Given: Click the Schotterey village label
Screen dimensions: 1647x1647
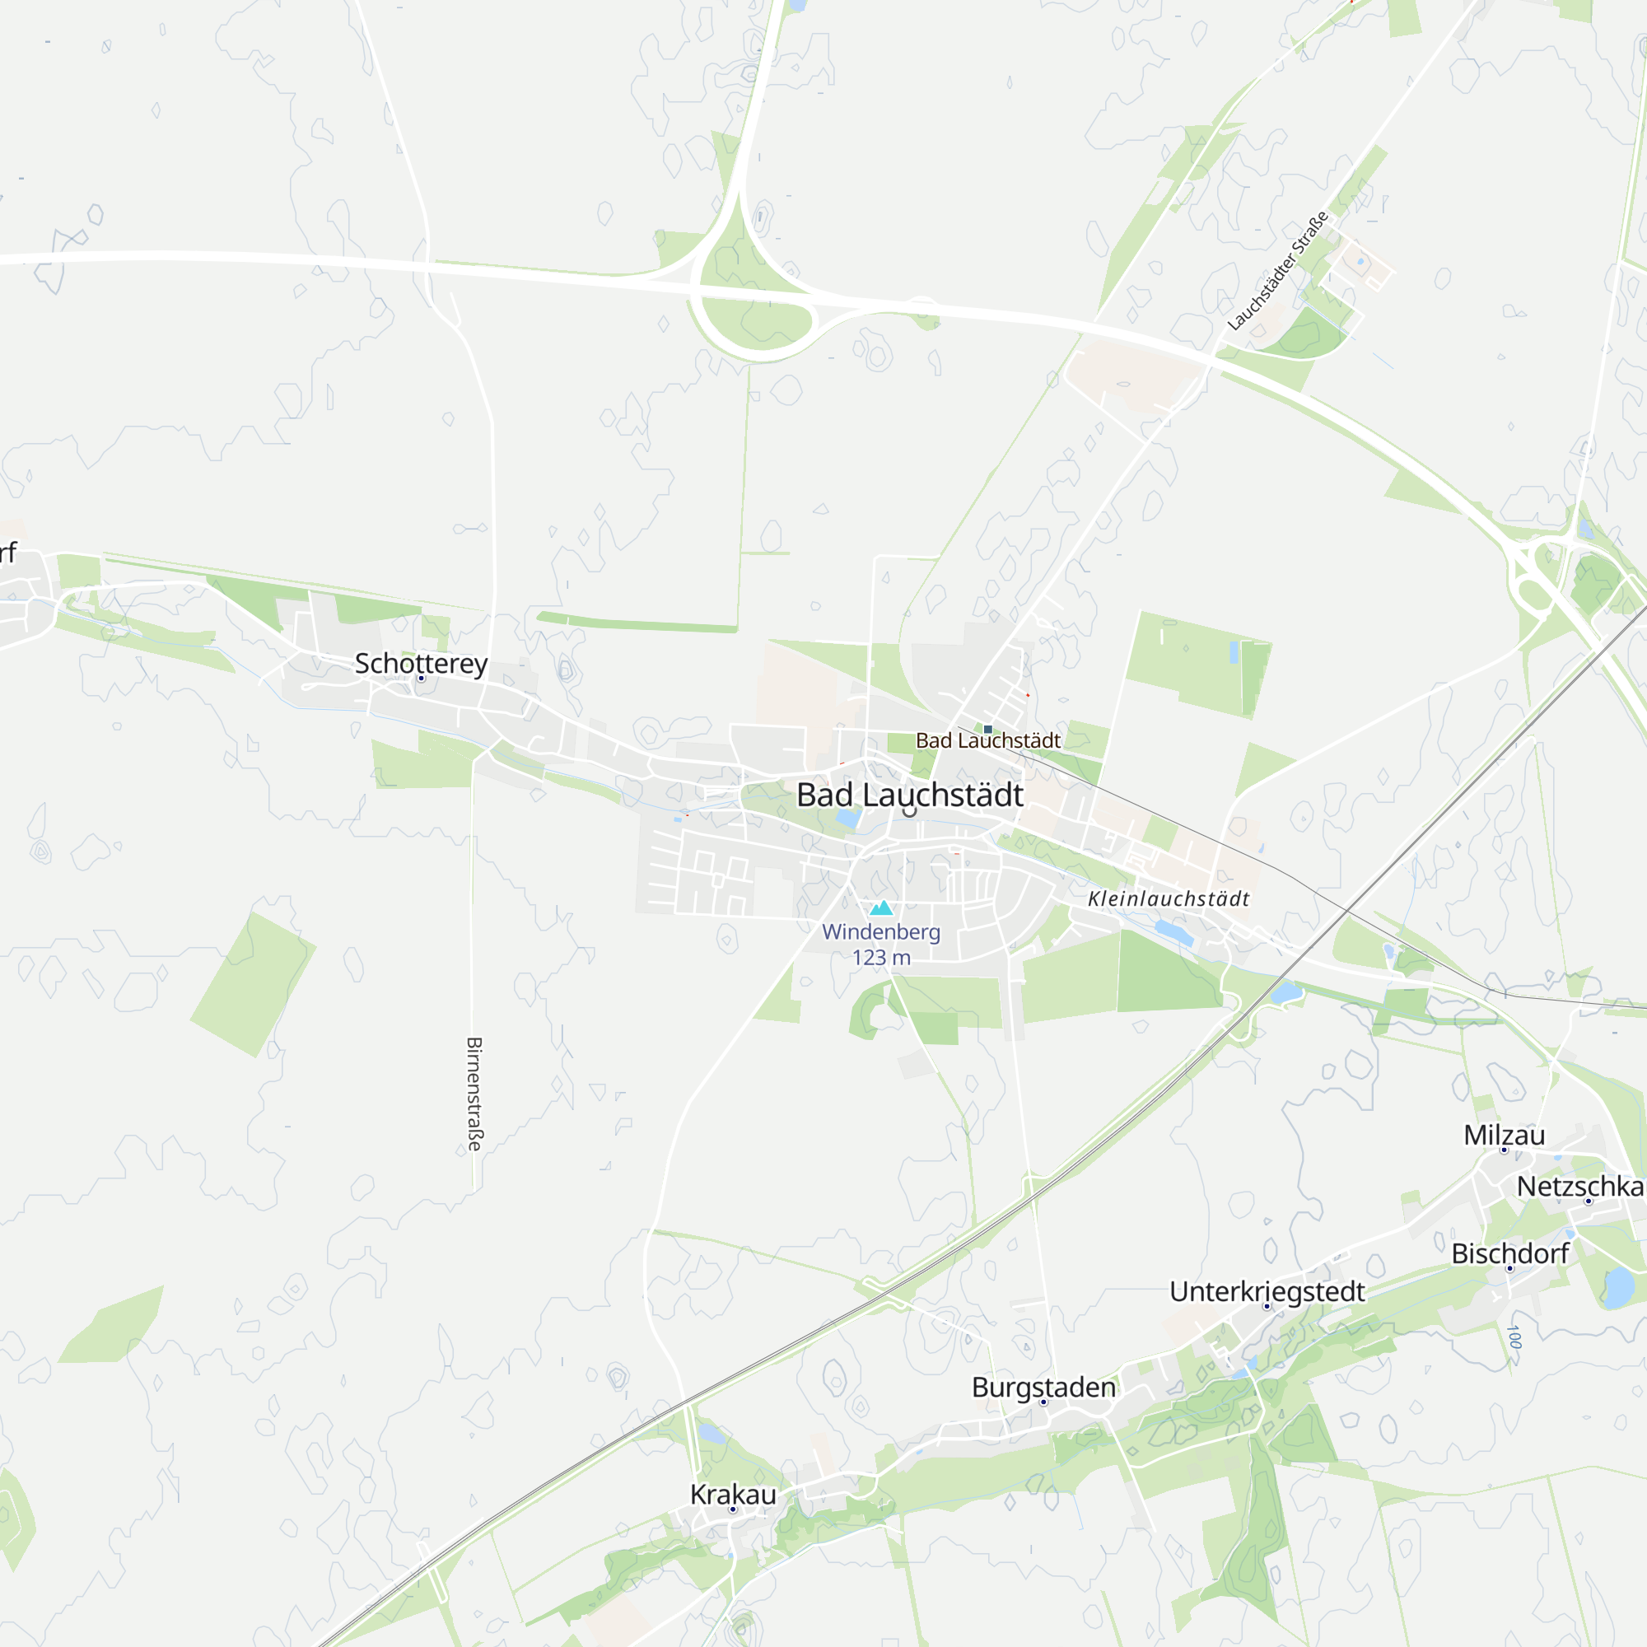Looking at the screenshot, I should point(421,662).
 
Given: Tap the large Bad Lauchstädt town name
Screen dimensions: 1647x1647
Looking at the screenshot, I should point(910,795).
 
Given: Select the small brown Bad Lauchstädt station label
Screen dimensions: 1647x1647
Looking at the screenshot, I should point(988,741).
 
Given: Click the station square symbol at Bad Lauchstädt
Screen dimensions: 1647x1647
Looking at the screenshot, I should point(988,730).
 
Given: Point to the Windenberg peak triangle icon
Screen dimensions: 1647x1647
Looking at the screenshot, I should point(881,907).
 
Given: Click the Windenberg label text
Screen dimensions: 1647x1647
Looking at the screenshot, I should point(880,931).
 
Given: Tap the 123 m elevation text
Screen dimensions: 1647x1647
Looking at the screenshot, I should point(880,958).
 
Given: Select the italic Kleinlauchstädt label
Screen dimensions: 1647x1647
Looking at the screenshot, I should point(1168,898).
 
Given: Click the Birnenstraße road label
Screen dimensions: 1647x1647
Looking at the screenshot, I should point(475,1094).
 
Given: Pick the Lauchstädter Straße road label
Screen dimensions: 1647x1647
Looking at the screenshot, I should point(1277,271).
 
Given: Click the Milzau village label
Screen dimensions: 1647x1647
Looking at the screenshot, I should point(1504,1135).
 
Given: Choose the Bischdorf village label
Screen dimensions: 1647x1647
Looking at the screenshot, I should point(1509,1253).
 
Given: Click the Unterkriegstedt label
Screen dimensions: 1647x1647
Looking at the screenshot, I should point(1267,1290).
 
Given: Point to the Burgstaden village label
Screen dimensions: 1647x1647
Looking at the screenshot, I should point(1043,1387).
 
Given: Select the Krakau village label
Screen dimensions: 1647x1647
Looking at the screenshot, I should point(732,1495).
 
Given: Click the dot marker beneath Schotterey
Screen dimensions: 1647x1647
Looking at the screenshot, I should point(421,679).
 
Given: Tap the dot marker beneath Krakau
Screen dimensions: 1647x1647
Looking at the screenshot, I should point(732,1509).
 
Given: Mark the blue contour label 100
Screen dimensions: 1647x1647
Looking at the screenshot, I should point(1514,1337).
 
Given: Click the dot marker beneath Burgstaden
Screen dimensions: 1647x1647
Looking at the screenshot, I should point(1043,1402).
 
